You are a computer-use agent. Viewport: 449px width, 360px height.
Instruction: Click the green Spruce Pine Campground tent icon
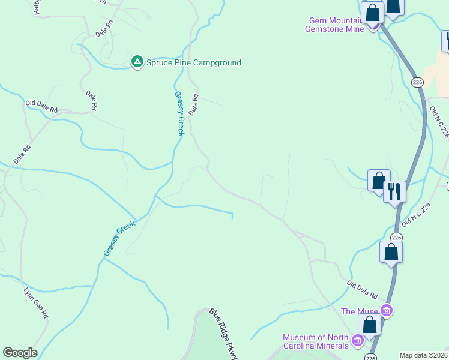(137, 61)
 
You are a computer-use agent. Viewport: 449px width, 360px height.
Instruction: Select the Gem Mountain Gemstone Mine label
(334, 25)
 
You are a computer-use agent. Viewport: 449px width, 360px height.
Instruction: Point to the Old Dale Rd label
(41, 107)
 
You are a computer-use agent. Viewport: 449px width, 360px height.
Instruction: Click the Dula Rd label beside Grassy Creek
(193, 104)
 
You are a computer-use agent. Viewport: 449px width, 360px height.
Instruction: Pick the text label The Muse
(360, 311)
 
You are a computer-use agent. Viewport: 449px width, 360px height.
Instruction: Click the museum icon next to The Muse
(387, 311)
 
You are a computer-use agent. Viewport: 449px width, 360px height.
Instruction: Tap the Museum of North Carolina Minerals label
(316, 341)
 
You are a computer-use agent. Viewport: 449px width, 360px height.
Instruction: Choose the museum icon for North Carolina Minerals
(358, 341)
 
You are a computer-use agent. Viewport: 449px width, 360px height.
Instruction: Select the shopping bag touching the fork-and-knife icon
(379, 181)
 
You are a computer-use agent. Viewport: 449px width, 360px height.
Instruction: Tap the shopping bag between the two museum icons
(369, 325)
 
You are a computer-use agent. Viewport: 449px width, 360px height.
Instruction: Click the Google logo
(20, 353)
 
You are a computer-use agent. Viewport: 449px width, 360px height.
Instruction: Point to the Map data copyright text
(423, 355)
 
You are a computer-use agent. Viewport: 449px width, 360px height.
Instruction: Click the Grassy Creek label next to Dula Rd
(179, 113)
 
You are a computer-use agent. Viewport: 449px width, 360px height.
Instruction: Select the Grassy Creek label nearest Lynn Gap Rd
(119, 239)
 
